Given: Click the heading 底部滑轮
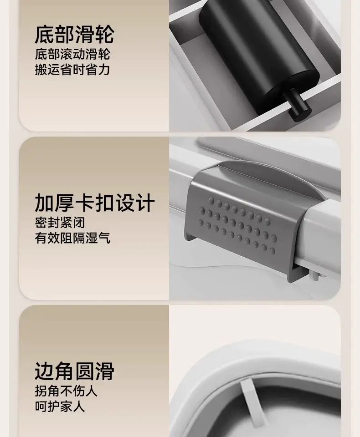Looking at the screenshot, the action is tap(75, 34).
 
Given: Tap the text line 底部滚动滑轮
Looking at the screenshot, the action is tap(72, 54).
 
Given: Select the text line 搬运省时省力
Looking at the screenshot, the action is tap(72, 69).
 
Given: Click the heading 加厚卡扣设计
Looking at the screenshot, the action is tap(95, 203).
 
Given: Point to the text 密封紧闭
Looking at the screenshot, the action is tap(60, 223).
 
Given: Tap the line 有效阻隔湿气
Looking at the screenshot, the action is tap(72, 238).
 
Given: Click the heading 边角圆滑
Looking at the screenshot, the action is tap(75, 371).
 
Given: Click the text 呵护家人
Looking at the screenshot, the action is tap(60, 406).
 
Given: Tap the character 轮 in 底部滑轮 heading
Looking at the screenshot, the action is tap(104, 34).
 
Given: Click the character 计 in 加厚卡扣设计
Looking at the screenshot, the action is tap(145, 203).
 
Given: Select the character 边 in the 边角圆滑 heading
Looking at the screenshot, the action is tap(45, 371).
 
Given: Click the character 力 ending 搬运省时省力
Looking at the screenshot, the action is tap(104, 69).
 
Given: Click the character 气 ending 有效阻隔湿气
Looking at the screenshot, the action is tap(104, 238).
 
